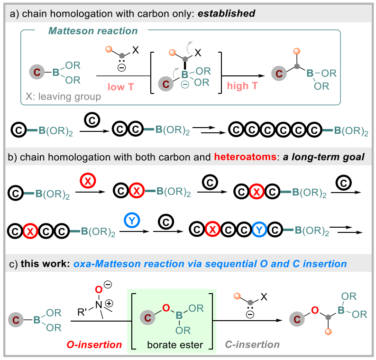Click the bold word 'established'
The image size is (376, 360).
(228, 13)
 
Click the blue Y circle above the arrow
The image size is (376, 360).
(132, 219)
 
